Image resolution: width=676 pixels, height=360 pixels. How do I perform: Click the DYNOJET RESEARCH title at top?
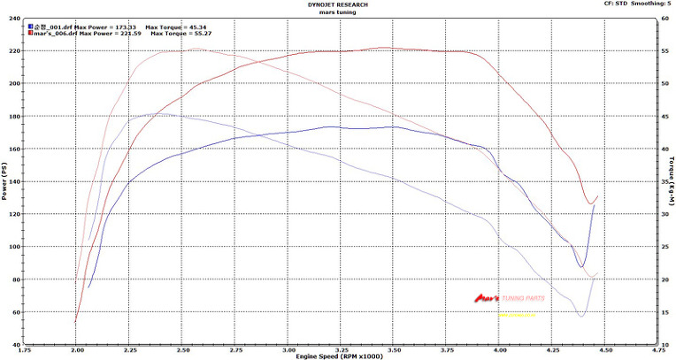coord(339,4)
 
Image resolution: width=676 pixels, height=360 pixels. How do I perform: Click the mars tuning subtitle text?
coord(339,11)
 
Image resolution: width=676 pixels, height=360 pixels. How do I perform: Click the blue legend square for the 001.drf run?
coord(31,27)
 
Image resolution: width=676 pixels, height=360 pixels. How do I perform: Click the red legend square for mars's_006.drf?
coord(31,33)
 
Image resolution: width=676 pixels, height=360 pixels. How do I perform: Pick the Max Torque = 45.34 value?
coord(176,27)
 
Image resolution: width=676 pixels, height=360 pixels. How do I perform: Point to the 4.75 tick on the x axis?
coord(657,349)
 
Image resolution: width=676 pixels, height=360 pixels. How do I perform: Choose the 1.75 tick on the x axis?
coord(24,349)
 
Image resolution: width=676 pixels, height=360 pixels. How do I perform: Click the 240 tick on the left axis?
coord(15,19)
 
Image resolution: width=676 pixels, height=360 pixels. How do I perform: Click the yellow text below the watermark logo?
coord(517,314)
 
